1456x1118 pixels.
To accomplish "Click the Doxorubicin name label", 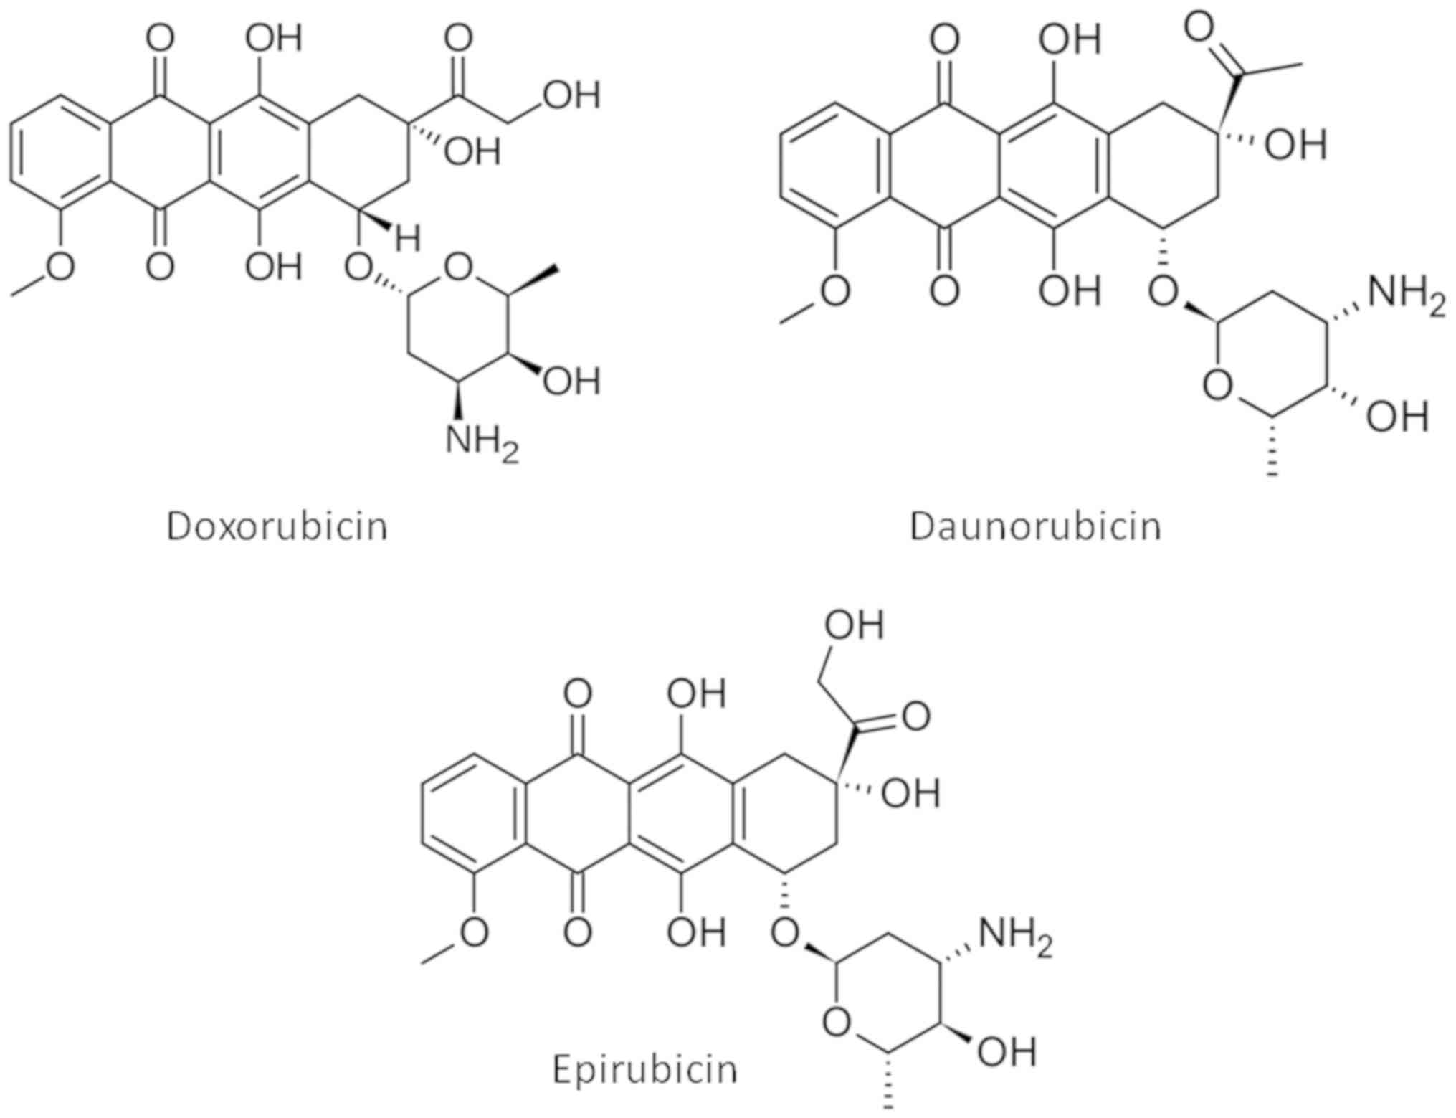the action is click(x=277, y=527).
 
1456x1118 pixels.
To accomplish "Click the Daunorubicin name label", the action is click(x=1035, y=527).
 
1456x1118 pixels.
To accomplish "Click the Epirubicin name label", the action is click(x=644, y=1069).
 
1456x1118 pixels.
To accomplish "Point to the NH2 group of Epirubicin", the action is click(x=1016, y=937).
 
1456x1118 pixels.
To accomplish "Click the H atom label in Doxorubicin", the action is click(x=408, y=239).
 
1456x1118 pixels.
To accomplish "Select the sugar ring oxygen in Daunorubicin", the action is click(x=1217, y=387).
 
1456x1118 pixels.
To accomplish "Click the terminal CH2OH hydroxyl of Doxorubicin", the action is click(x=571, y=95).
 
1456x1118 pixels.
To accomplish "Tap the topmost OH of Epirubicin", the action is click(x=853, y=625).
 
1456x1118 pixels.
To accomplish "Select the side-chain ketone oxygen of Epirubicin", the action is click(x=916, y=716).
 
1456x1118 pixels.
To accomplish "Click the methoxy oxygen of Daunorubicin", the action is click(x=835, y=292).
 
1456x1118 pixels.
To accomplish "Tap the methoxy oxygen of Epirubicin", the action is click(x=473, y=932).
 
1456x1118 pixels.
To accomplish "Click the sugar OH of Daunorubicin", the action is click(x=1396, y=417).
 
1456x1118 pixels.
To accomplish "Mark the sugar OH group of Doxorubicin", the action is click(x=571, y=381).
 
